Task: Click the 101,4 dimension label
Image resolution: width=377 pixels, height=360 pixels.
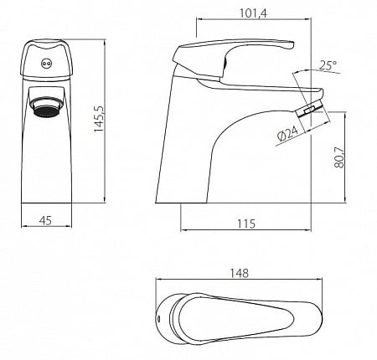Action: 253,13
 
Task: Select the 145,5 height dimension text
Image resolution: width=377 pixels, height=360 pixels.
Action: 98,119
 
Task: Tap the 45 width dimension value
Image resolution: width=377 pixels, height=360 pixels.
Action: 45,220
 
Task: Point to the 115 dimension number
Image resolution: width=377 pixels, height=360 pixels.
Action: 246,224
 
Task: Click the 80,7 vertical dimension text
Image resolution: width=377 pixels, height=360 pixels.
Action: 339,157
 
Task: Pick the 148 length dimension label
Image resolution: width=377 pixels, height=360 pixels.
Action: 240,273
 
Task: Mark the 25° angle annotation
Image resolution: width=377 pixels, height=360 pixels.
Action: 328,65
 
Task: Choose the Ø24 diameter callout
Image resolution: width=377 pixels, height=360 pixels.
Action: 287,133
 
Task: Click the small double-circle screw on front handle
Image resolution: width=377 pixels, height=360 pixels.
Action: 45,64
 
